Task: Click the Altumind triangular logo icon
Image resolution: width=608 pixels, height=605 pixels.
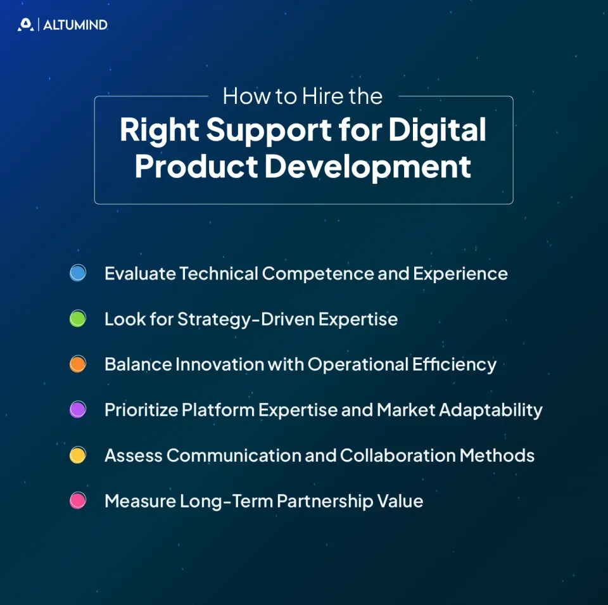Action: tap(25, 25)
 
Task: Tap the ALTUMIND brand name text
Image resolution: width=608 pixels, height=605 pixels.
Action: tap(75, 25)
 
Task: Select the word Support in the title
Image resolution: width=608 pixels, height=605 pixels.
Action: tap(269, 131)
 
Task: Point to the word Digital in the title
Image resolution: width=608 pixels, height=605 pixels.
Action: tap(438, 131)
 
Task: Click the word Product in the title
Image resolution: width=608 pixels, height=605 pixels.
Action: tap(196, 166)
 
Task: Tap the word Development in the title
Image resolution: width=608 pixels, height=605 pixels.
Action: tap(368, 166)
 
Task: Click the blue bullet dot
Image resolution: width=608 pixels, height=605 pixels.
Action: tap(77, 274)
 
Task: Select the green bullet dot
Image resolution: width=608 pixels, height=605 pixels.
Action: tap(77, 319)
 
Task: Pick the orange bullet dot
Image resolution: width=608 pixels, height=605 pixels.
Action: tap(77, 365)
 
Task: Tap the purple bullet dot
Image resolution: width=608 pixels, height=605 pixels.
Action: tap(77, 410)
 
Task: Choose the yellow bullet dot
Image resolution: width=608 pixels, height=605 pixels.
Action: tap(77, 455)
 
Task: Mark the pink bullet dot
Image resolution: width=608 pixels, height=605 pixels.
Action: tap(77, 501)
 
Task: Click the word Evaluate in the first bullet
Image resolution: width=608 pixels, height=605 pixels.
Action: tap(139, 274)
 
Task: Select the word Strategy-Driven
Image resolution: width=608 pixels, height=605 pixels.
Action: tap(245, 319)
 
